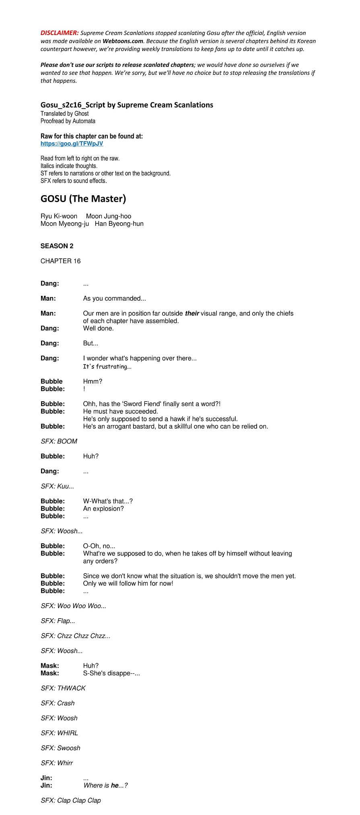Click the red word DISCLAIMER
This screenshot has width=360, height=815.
pos(60,33)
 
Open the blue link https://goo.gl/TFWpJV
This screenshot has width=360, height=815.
pos(72,144)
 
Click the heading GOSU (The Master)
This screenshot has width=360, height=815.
pos(83,199)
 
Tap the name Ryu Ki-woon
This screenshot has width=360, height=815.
pos(59,216)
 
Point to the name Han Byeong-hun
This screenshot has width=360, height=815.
pos(119,224)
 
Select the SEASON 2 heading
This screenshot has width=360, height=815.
pos(57,246)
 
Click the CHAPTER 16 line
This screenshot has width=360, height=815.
pos(60,261)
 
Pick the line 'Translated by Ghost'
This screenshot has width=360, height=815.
pos(64,113)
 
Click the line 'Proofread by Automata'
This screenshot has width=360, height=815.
pos(68,121)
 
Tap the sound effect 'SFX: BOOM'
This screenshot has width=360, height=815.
pos(59,442)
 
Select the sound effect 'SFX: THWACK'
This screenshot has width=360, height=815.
pos(63,688)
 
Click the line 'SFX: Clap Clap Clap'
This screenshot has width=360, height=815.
pos(70,801)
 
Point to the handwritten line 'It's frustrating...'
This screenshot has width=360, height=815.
pos(107,367)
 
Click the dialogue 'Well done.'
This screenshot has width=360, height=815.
pos(98,328)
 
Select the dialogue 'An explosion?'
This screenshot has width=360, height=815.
pos(103,509)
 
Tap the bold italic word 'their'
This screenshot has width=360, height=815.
pos(192,314)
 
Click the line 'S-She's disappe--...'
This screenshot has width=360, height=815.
pos(111,673)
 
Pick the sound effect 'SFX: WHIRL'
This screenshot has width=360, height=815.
pos(59,733)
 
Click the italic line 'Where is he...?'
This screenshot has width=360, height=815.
pos(105,785)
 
